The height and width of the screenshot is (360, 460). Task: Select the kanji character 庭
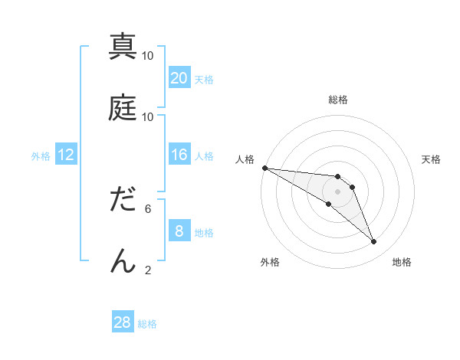123,108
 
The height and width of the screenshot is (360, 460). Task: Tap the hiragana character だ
123,200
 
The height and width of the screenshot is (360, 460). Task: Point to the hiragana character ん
123,260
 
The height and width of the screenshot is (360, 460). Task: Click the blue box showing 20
179,78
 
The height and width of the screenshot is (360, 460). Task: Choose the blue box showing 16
179,155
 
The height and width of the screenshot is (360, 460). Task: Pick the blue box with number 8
179,231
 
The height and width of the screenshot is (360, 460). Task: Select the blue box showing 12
66,155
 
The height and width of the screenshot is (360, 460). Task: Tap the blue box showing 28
123,322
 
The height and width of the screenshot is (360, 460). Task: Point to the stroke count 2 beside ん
148,270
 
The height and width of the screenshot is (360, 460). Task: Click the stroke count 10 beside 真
148,56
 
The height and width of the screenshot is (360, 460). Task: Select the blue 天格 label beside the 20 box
204,80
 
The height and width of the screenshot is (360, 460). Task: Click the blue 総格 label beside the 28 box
147,324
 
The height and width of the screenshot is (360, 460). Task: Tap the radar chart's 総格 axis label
338,100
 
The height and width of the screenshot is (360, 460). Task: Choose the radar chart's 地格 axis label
402,262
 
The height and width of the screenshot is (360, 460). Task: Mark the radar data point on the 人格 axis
264,168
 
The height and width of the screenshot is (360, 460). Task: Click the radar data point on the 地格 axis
373,242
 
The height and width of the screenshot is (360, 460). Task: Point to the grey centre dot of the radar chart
337,191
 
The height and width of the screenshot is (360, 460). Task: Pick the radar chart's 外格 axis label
270,262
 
